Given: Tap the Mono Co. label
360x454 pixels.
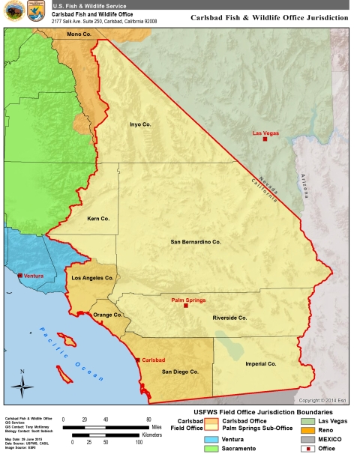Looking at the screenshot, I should click(x=79, y=34).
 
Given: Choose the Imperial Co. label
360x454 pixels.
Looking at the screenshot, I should click(x=261, y=363).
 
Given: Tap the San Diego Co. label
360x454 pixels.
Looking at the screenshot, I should click(x=180, y=371).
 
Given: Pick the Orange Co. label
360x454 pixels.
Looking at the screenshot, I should click(x=107, y=315).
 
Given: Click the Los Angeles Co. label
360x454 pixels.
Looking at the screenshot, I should click(x=91, y=278).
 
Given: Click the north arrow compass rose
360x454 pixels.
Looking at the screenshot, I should click(x=22, y=385).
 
